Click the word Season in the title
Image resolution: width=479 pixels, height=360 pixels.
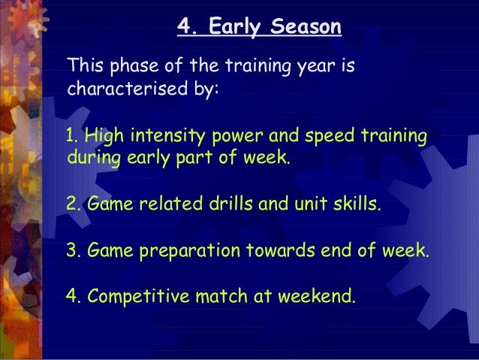point(306,26)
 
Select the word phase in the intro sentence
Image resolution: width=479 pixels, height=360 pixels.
point(134,66)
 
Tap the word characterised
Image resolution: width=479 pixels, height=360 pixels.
point(128,89)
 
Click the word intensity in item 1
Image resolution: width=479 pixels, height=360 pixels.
point(167,136)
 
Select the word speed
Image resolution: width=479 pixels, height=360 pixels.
point(330,136)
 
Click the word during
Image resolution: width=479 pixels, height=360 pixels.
point(94,158)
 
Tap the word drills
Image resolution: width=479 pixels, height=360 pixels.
point(231,203)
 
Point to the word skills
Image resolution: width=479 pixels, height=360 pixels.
point(357,203)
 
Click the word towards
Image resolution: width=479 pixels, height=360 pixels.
point(281,250)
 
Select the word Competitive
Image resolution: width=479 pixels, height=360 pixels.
point(138,297)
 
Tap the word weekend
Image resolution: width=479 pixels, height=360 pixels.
point(317,296)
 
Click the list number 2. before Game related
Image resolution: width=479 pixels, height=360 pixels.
point(74,204)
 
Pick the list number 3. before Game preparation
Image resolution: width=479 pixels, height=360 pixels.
point(74,250)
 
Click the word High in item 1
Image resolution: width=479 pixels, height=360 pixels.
point(104,136)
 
